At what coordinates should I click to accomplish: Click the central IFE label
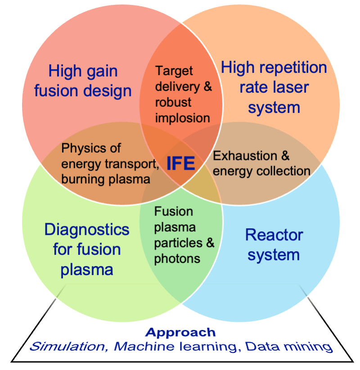click(x=181, y=163)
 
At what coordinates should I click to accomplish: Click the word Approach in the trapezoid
click(x=180, y=333)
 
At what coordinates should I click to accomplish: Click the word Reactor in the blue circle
click(x=274, y=235)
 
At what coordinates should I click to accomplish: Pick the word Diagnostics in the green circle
click(x=87, y=230)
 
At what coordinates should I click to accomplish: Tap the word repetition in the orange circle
click(x=293, y=68)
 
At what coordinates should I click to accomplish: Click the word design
click(x=107, y=91)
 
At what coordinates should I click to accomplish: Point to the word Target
click(x=174, y=71)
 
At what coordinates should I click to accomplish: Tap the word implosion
click(x=183, y=118)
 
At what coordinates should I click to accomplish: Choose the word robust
click(x=173, y=103)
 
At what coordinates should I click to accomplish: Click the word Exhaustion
click(x=245, y=156)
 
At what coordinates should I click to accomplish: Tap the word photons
click(x=177, y=259)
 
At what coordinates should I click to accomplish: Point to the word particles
click(x=178, y=243)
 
